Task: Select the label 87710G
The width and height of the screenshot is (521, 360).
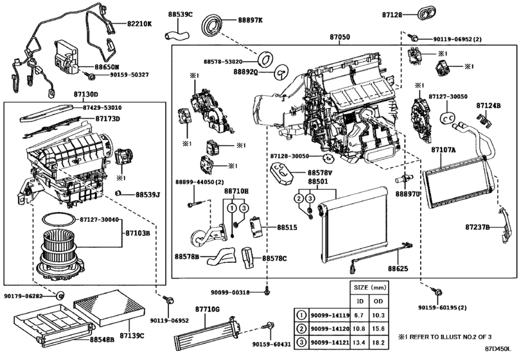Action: (x=208, y=310)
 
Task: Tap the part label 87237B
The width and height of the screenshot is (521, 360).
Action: (x=479, y=227)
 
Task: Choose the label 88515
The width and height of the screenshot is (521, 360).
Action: (x=287, y=227)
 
